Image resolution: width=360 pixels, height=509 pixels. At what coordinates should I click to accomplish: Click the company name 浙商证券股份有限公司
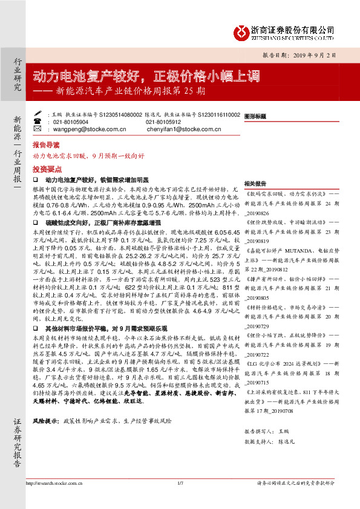[292, 28]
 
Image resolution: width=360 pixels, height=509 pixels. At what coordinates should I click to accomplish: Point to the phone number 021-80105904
[68, 122]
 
